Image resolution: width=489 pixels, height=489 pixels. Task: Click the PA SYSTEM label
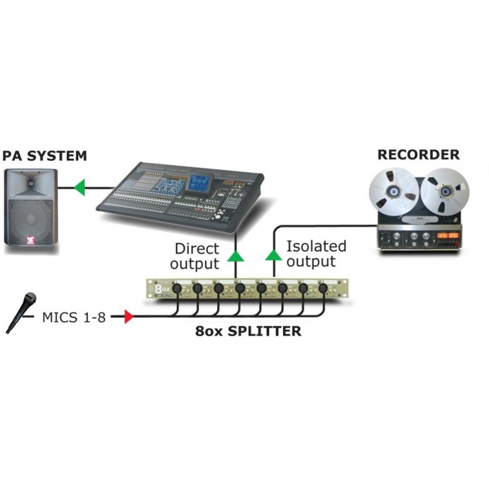[44, 156]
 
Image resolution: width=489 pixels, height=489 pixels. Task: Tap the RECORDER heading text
[418, 154]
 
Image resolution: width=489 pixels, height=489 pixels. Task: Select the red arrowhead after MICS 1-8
[128, 317]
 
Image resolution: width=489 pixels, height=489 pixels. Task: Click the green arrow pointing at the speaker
[79, 186]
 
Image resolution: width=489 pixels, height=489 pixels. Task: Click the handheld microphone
[21, 312]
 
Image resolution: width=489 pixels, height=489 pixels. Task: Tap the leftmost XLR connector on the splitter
[176, 288]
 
